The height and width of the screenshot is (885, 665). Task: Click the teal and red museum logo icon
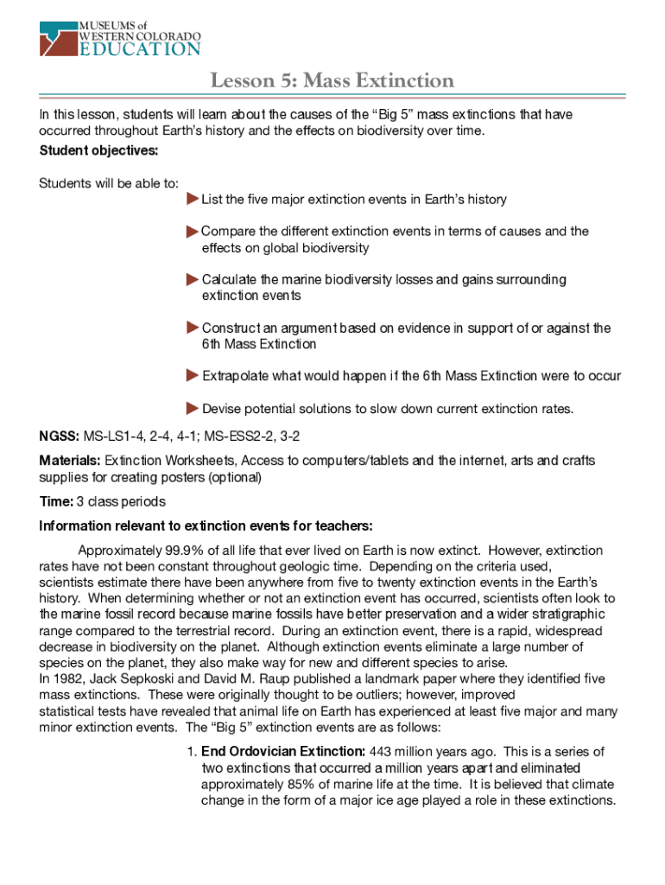[58, 36]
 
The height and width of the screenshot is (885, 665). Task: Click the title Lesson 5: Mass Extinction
[332, 81]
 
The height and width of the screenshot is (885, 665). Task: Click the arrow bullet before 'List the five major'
[192, 200]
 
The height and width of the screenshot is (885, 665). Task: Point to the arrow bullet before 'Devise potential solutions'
[192, 408]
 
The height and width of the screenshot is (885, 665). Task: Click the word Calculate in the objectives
[229, 280]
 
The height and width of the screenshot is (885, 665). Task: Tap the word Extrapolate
[235, 376]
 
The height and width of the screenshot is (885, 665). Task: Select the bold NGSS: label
[60, 435]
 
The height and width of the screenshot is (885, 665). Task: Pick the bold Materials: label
[70, 461]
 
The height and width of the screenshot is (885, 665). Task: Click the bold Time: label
[55, 502]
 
